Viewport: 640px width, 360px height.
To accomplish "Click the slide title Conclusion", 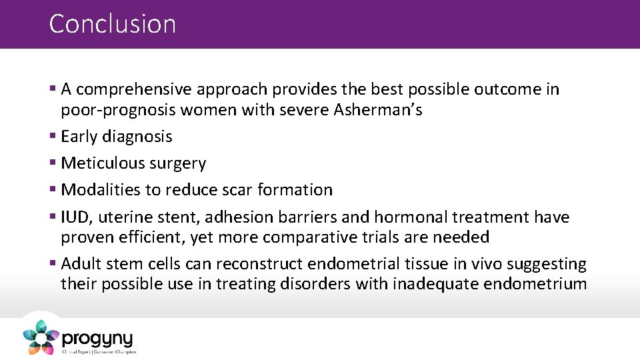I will (113, 24).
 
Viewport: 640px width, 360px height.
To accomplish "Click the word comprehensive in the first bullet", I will (139, 90).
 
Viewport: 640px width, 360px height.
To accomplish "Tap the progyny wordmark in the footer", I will (97, 338).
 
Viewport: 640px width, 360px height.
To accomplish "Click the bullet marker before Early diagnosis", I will (53, 137).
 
